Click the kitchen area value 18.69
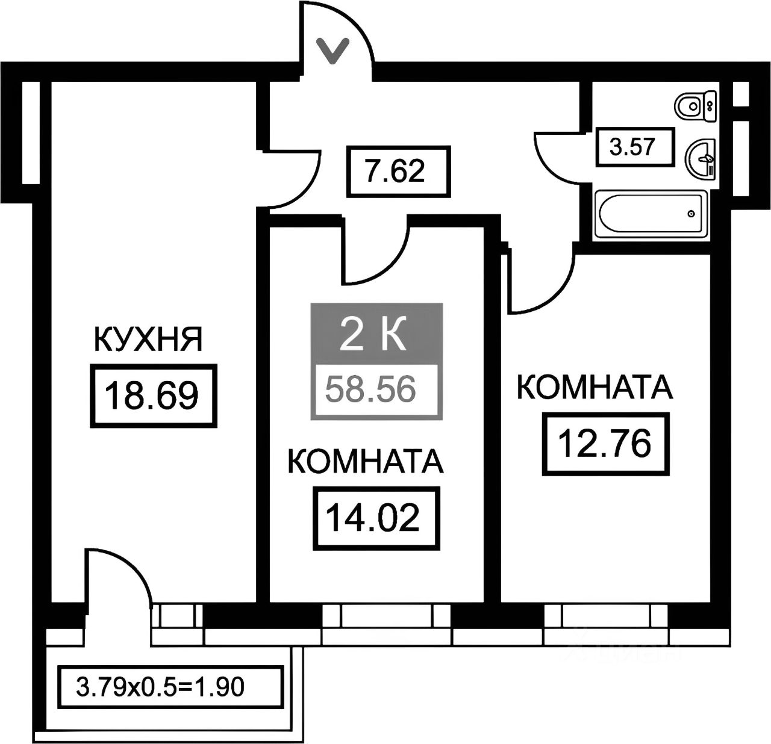152,395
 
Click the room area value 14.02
372,518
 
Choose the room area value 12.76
605,444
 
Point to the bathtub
649,213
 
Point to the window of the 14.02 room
386,616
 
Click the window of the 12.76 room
607,616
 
